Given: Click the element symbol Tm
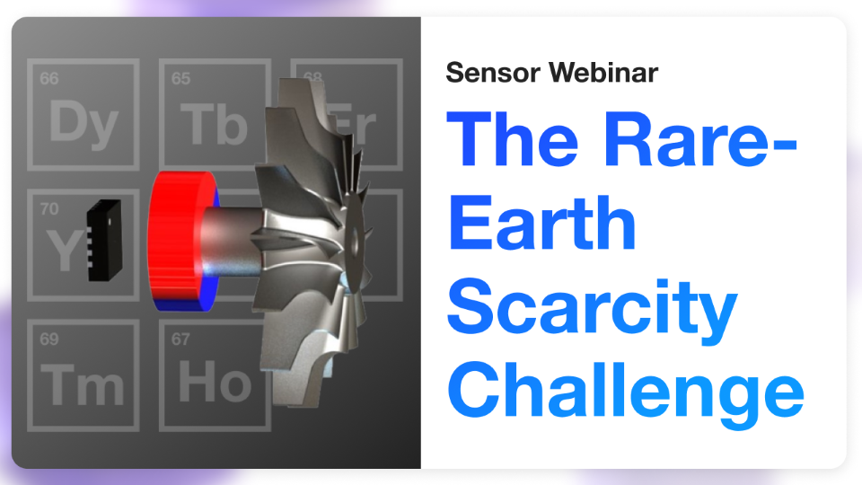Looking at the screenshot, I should click(x=84, y=385).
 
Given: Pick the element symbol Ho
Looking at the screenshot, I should click(x=214, y=384).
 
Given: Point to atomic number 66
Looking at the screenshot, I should click(x=49, y=79).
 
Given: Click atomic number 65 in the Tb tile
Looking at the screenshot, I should click(x=180, y=79).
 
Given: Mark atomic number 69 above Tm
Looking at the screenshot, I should click(x=49, y=339).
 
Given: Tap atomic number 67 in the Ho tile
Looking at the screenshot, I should click(x=180, y=339).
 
